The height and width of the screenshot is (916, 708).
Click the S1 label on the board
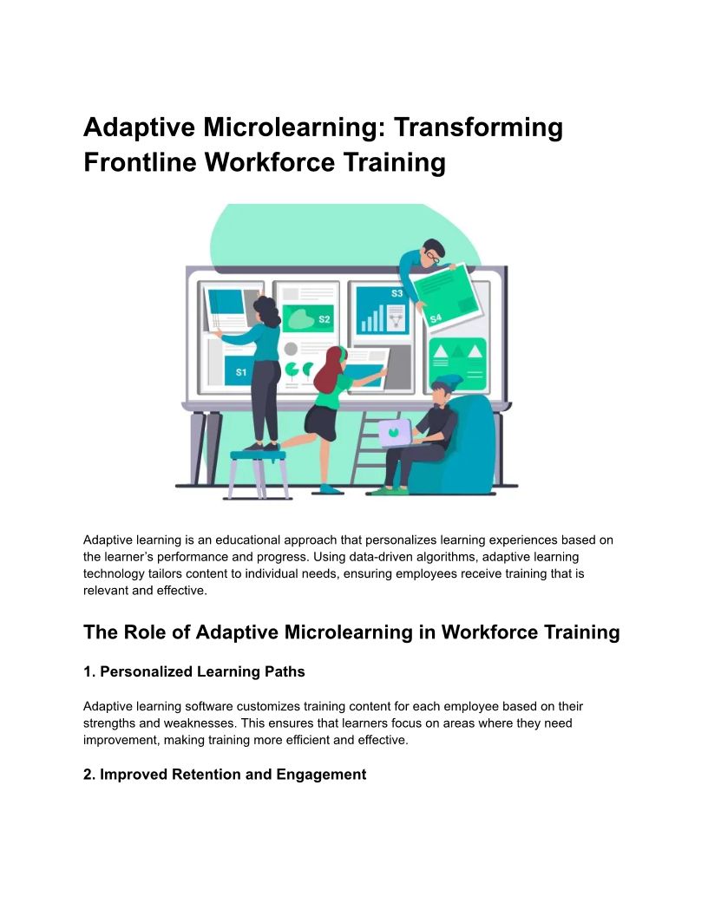pyautogui.click(x=240, y=372)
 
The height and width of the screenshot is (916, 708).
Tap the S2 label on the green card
pyautogui.click(x=324, y=319)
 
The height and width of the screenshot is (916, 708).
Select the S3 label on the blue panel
pyautogui.click(x=397, y=293)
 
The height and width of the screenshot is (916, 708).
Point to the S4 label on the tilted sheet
pyautogui.click(x=436, y=319)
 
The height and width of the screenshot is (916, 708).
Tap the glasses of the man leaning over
pyautogui.click(x=432, y=256)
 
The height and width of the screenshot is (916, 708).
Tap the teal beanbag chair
pyautogui.click(x=459, y=447)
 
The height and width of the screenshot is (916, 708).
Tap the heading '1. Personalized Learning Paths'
pyautogui.click(x=194, y=671)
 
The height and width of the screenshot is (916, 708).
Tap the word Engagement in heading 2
pyautogui.click(x=321, y=775)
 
